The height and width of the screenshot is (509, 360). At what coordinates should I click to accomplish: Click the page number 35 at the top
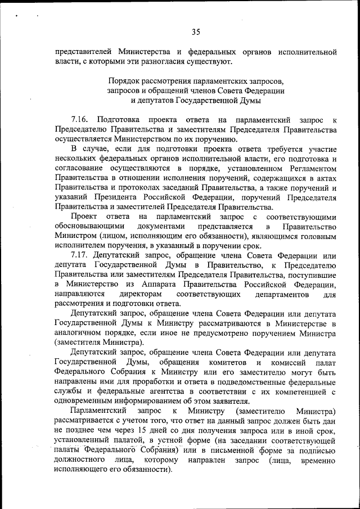click(x=195, y=31)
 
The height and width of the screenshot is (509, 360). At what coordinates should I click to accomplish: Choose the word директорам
click(x=141, y=295)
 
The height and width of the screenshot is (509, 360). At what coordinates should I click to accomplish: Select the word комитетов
click(x=232, y=363)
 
